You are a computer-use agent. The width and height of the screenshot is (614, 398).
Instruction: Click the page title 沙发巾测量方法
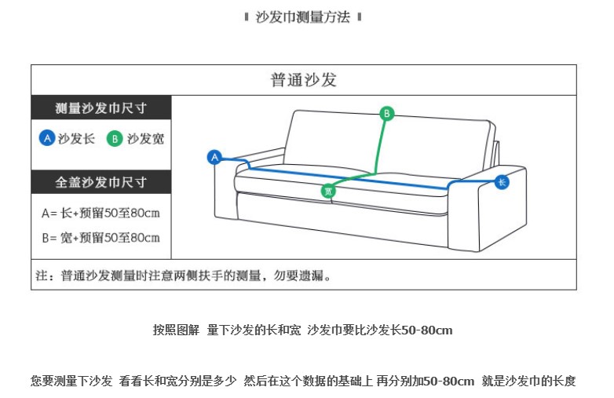tap(303, 17)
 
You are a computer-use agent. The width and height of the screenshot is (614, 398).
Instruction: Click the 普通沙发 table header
tap(303, 80)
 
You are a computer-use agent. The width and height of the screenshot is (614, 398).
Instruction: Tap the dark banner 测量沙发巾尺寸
tap(101, 108)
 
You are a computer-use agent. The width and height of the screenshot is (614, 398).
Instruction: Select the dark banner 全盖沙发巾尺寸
tap(101, 182)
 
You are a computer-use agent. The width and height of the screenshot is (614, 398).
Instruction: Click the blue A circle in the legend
tap(47, 138)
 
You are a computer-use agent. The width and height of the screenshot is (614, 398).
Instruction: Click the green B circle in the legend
tap(115, 139)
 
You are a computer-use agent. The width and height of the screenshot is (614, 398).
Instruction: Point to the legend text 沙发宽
tap(145, 139)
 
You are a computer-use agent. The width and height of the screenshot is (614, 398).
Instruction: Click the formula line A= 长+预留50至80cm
tap(101, 213)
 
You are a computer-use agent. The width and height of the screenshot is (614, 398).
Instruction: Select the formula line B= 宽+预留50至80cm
tap(101, 237)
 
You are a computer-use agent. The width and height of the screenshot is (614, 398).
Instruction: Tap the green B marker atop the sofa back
tap(386, 114)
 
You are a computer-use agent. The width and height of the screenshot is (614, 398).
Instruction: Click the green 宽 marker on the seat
tap(328, 191)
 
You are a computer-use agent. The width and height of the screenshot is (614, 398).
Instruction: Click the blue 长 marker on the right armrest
tap(502, 183)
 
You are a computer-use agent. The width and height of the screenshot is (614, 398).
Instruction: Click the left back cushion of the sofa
tap(330, 141)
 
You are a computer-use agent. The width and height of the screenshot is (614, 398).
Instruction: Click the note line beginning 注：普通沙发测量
tap(184, 276)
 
